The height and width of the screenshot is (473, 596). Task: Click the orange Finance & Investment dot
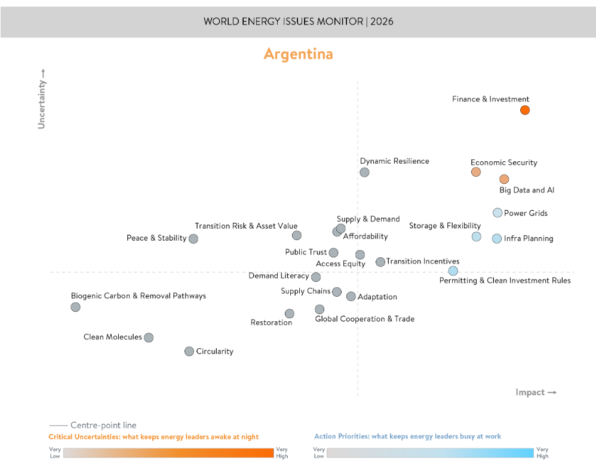pos(524,110)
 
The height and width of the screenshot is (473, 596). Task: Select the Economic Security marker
pos(475,172)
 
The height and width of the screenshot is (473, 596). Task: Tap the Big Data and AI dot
pos(504,179)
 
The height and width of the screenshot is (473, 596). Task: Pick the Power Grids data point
pos(497,213)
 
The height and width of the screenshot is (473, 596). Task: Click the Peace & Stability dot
pos(193,238)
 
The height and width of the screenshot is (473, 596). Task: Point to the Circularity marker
pos(189,351)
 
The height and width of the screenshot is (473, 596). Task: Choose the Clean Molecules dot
pos(149,337)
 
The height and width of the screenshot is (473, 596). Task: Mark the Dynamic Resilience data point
pos(364,172)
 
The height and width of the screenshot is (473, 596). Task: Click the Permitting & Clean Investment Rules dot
pos(453,271)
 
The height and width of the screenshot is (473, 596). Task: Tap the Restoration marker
pos(289,314)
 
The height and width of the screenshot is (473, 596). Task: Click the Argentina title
pos(298,54)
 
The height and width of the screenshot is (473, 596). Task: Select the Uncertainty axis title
pos(41,99)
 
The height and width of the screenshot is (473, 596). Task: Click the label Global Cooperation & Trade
pos(364,319)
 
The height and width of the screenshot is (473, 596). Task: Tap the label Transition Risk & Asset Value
pos(246,226)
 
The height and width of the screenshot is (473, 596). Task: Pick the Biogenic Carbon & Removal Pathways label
pos(138,296)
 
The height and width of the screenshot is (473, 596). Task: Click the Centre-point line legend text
pos(103,425)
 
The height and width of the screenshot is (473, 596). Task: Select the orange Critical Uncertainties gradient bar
pos(169,453)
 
